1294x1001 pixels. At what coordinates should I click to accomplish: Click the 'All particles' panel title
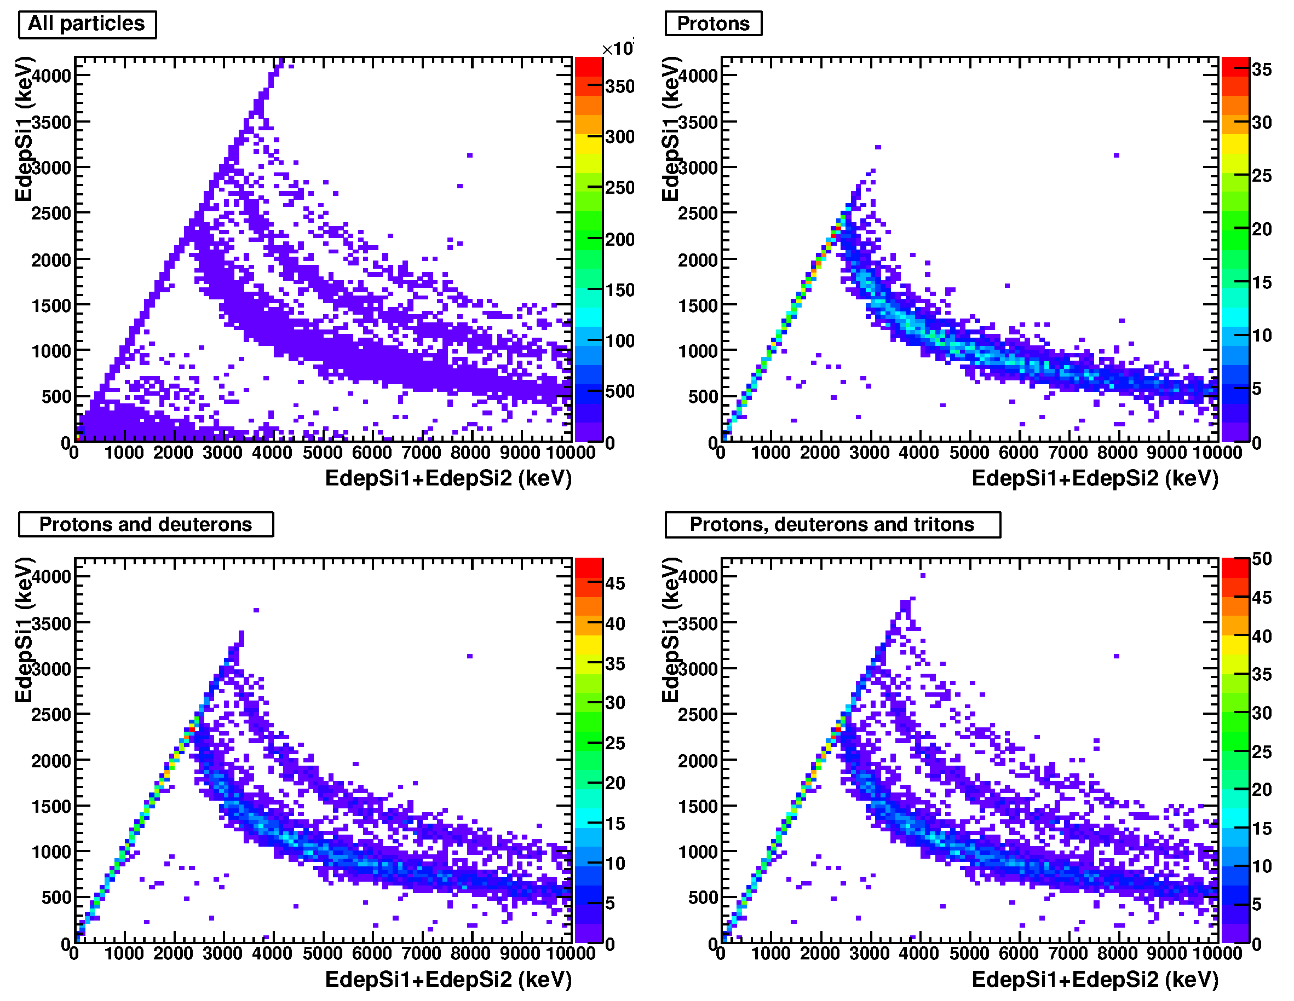point(87,24)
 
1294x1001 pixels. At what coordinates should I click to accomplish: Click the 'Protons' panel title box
point(713,24)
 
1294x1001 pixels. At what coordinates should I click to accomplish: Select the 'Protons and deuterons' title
point(145,525)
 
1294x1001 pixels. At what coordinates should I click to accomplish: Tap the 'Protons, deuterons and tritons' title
point(832,525)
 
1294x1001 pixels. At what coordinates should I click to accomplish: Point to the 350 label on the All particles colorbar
point(620,86)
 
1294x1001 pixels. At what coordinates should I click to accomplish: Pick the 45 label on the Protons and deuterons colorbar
point(615,583)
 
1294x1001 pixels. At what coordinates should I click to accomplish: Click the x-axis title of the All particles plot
point(448,478)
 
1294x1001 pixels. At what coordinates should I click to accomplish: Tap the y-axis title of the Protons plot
point(671,129)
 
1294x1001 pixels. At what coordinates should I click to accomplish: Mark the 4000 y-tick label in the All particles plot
point(51,76)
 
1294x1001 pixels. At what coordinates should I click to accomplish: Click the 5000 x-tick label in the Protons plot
point(969,453)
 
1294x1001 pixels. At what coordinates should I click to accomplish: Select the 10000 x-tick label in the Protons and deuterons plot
point(570,953)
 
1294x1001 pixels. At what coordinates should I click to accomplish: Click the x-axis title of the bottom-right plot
point(1095,980)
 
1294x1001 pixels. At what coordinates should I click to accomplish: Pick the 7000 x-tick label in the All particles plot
point(421,453)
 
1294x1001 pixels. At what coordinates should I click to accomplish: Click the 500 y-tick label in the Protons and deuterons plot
point(56,898)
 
